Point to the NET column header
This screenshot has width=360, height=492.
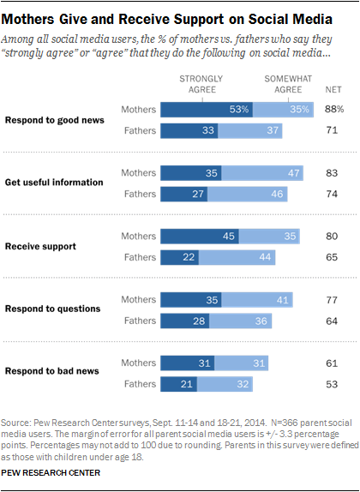[x=334, y=89]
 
